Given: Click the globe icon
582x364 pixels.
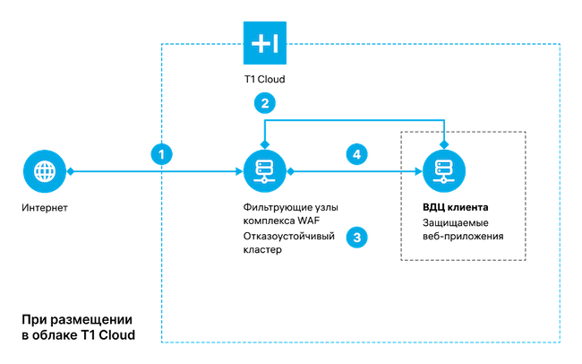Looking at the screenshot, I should pyautogui.click(x=44, y=170).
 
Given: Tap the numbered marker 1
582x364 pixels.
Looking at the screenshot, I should pyautogui.click(x=161, y=154).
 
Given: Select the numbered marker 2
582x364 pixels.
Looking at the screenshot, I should pyautogui.click(x=264, y=103).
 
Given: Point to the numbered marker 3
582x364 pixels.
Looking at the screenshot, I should pyautogui.click(x=356, y=238).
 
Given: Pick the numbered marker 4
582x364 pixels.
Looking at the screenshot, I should pyautogui.click(x=356, y=154).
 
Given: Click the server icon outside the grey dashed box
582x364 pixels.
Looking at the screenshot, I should pyautogui.click(x=265, y=170).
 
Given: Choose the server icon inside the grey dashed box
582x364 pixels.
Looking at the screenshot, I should pyautogui.click(x=444, y=170).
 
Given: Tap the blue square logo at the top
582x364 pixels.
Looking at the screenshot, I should pyautogui.click(x=265, y=43).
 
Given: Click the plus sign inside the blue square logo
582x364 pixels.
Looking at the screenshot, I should pyautogui.click(x=259, y=43).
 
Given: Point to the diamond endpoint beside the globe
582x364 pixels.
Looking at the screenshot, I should pyautogui.click(x=70, y=170).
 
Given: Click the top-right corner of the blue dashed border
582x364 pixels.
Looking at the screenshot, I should pyautogui.click(x=560, y=43).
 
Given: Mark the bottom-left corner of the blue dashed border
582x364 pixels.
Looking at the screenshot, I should pyautogui.click(x=162, y=342).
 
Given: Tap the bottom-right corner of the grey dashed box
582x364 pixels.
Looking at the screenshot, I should pyautogui.click(x=526, y=261).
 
